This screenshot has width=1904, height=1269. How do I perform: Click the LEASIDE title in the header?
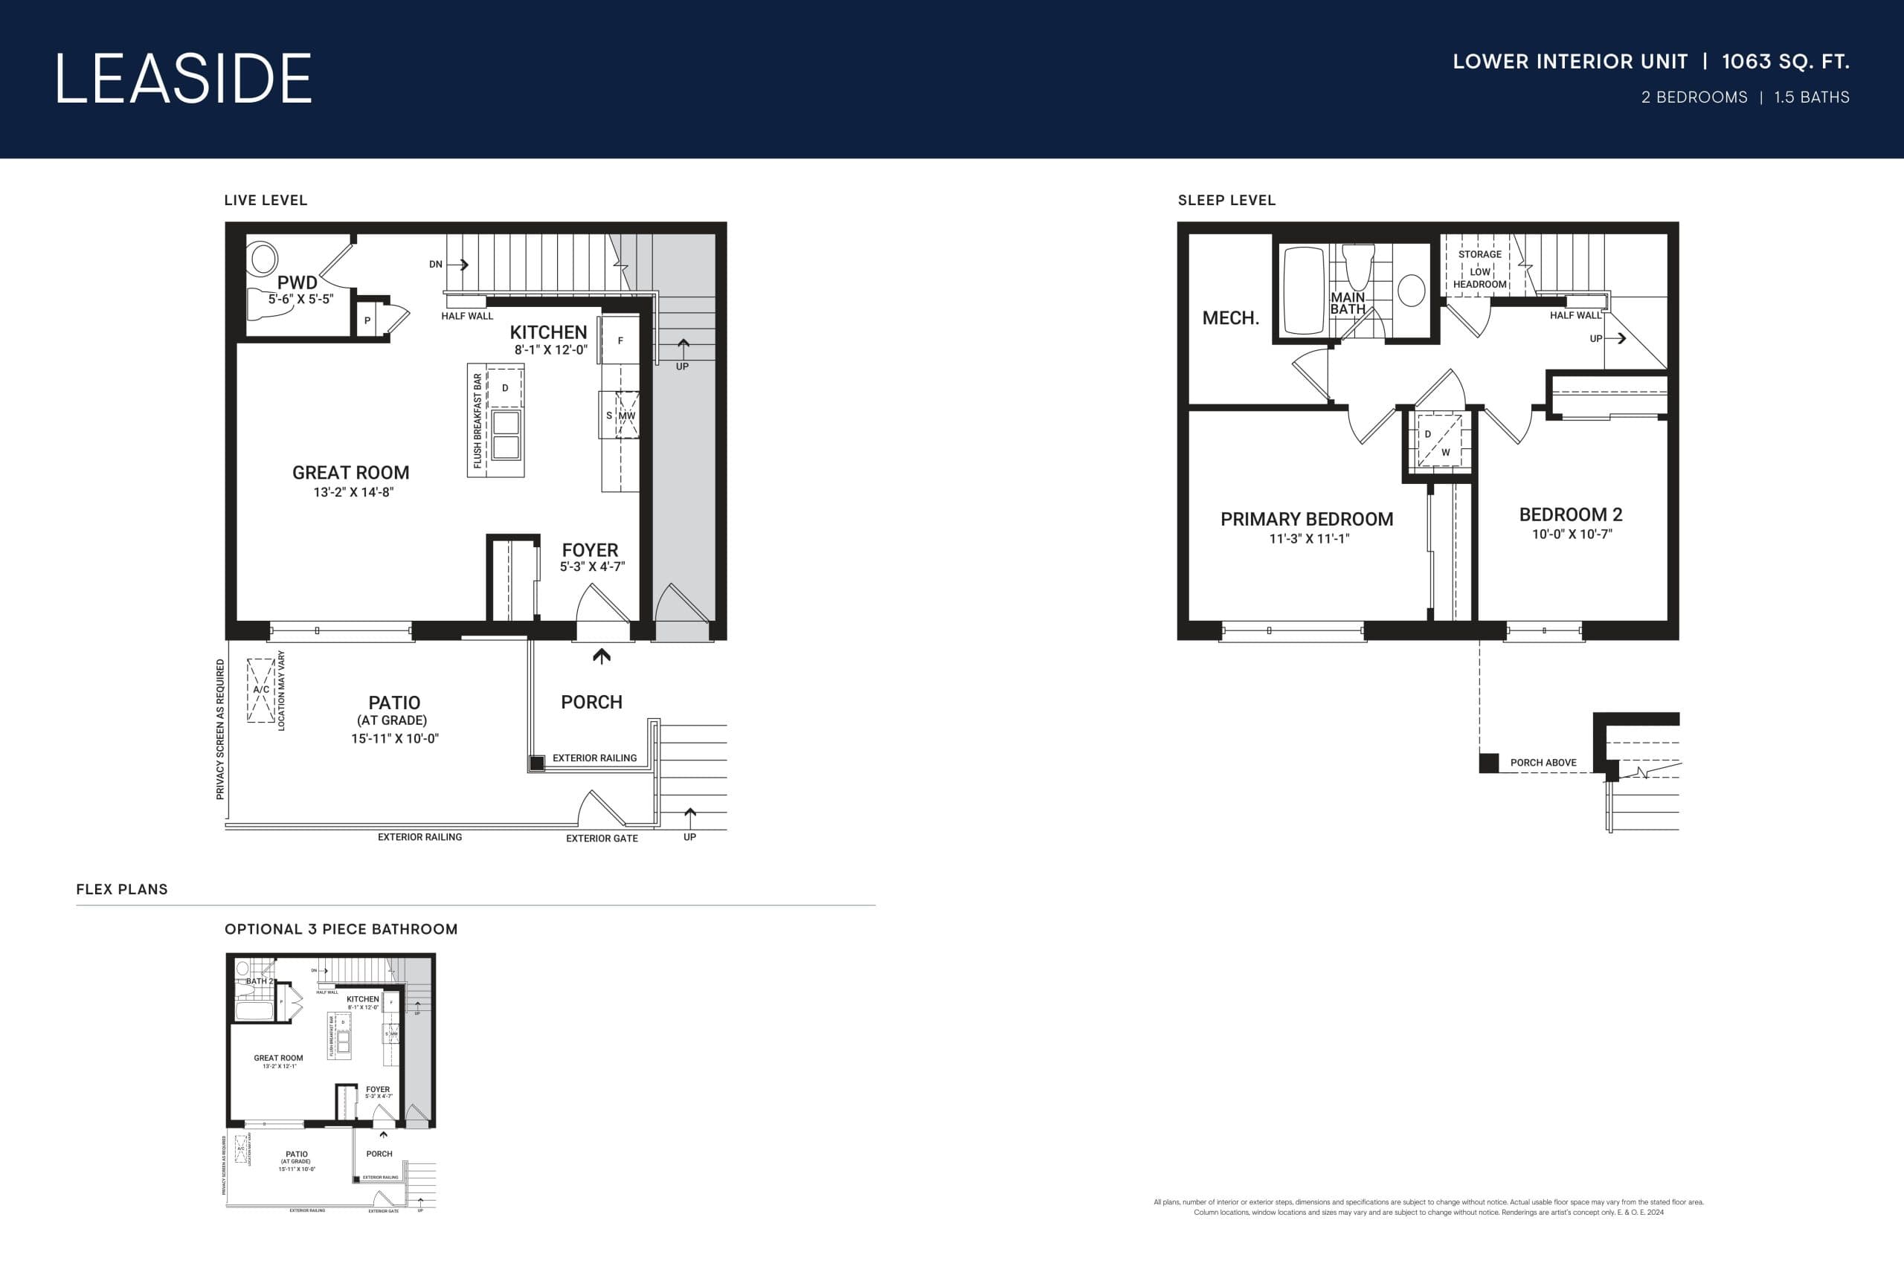tap(183, 79)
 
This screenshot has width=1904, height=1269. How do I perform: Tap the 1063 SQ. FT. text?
tap(1785, 62)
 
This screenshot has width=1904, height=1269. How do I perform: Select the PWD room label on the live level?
tap(297, 282)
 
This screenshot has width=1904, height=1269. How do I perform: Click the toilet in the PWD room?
tap(263, 259)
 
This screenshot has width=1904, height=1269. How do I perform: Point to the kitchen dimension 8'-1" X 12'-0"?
tap(550, 350)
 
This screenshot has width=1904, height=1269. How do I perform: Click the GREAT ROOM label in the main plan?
tap(350, 473)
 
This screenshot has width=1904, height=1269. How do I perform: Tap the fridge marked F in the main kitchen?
tap(621, 340)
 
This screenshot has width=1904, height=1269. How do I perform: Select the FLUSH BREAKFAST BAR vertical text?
tap(477, 420)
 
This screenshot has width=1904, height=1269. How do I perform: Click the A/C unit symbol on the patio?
tap(260, 690)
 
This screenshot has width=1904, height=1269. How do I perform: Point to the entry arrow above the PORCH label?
tap(602, 656)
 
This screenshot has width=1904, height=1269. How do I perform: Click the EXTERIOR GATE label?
tap(602, 839)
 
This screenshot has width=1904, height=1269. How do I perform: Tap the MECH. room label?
tap(1230, 318)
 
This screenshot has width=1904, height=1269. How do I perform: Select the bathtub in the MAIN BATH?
tap(1302, 291)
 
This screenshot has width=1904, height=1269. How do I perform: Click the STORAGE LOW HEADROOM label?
tap(1480, 268)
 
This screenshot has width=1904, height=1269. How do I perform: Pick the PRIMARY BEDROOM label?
tap(1307, 520)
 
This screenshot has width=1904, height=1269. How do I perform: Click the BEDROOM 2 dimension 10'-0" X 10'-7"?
tap(1572, 535)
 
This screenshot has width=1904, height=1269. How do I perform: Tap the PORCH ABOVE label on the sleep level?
tap(1543, 763)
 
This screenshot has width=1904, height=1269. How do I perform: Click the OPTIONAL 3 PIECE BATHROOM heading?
tap(341, 929)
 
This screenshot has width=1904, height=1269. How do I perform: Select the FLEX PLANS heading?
tap(122, 889)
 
